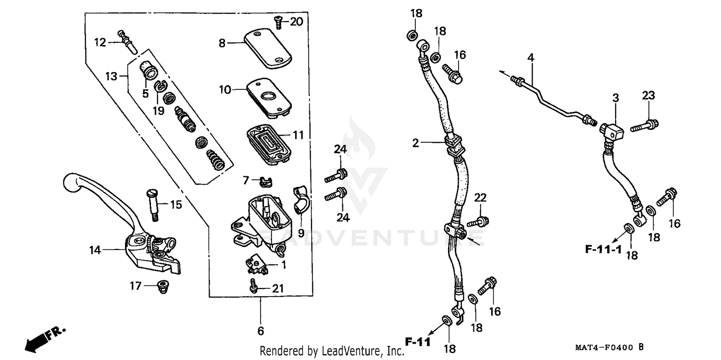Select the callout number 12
100,42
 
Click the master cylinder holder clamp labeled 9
301,198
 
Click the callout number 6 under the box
261,331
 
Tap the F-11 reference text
416,343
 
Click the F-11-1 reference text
603,249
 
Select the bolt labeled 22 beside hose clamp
479,222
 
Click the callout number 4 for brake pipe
531,58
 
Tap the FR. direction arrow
43,338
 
